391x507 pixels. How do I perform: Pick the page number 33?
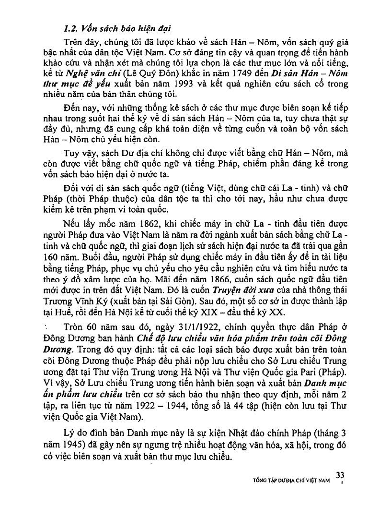[x=341, y=475]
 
